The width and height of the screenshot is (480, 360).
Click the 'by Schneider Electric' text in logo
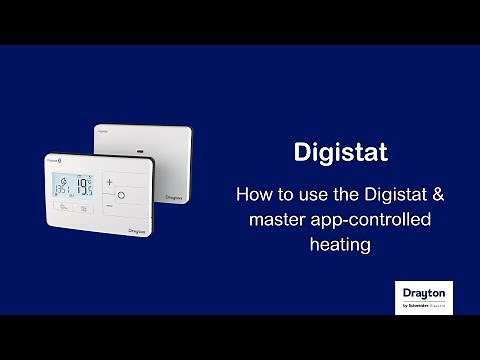tap(424, 304)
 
